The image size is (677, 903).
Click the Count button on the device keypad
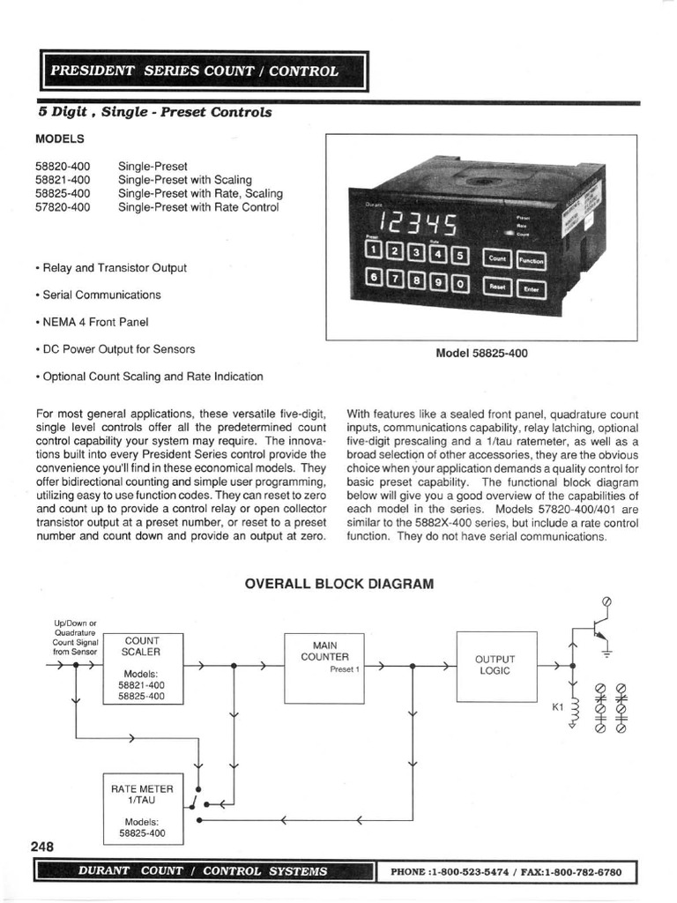pos(497,259)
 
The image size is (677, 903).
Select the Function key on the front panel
pos(531,261)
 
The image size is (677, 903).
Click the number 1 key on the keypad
pos(374,251)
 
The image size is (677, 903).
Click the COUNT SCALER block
pos(143,668)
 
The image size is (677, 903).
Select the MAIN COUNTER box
pos(324,668)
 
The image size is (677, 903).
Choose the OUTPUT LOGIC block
pos(495,666)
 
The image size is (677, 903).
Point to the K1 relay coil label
pos(557,706)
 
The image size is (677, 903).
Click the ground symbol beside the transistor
pos(606,653)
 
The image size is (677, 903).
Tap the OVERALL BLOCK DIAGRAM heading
pos(338,584)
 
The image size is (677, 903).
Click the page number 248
pos(42,847)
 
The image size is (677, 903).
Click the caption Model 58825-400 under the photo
pos(481,353)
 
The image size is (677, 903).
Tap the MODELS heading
pos(60,138)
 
